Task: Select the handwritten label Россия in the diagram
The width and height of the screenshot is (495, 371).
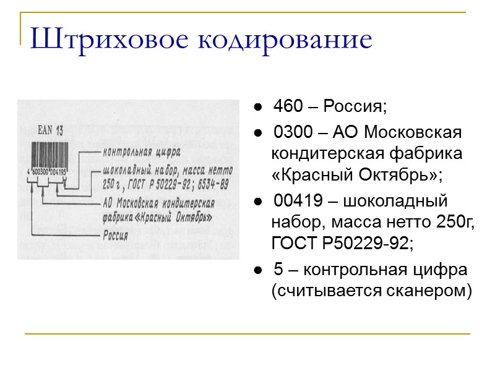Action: tap(116, 235)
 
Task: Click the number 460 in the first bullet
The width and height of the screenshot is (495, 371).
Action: tap(288, 106)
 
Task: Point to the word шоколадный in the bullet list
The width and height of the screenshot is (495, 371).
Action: tap(401, 201)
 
